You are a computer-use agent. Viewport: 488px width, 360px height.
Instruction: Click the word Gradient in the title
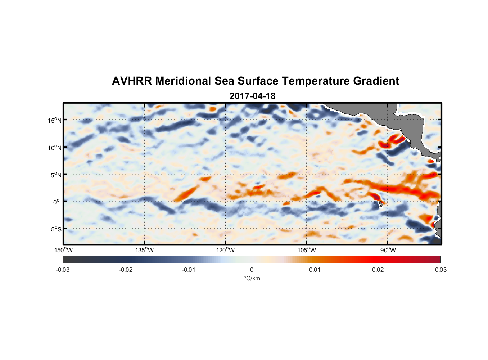376,81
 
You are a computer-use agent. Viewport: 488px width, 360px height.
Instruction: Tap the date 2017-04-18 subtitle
252,96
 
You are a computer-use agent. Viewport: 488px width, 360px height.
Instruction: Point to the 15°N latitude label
55,120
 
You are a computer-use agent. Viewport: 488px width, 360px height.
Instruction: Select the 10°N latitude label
55,148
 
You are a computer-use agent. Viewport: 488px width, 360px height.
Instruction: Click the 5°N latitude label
56,175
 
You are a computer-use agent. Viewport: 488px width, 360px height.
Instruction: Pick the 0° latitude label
56,202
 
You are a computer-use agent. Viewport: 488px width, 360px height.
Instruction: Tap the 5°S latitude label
56,229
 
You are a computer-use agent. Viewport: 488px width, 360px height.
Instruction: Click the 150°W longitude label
63,250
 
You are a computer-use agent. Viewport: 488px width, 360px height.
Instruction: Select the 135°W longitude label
144,250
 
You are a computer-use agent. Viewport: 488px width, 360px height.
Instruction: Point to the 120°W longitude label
225,250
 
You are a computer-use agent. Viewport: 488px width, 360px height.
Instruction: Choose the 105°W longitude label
306,250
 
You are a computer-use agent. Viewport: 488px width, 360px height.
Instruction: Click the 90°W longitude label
388,250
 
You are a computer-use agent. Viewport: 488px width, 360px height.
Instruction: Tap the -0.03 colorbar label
63,270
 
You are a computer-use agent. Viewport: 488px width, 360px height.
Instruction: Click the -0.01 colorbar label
189,270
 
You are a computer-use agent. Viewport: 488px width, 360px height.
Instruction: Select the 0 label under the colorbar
252,270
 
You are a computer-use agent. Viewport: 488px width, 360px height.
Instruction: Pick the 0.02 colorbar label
378,270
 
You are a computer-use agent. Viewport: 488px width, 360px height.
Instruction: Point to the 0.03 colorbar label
440,270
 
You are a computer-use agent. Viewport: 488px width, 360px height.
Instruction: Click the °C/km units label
252,278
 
